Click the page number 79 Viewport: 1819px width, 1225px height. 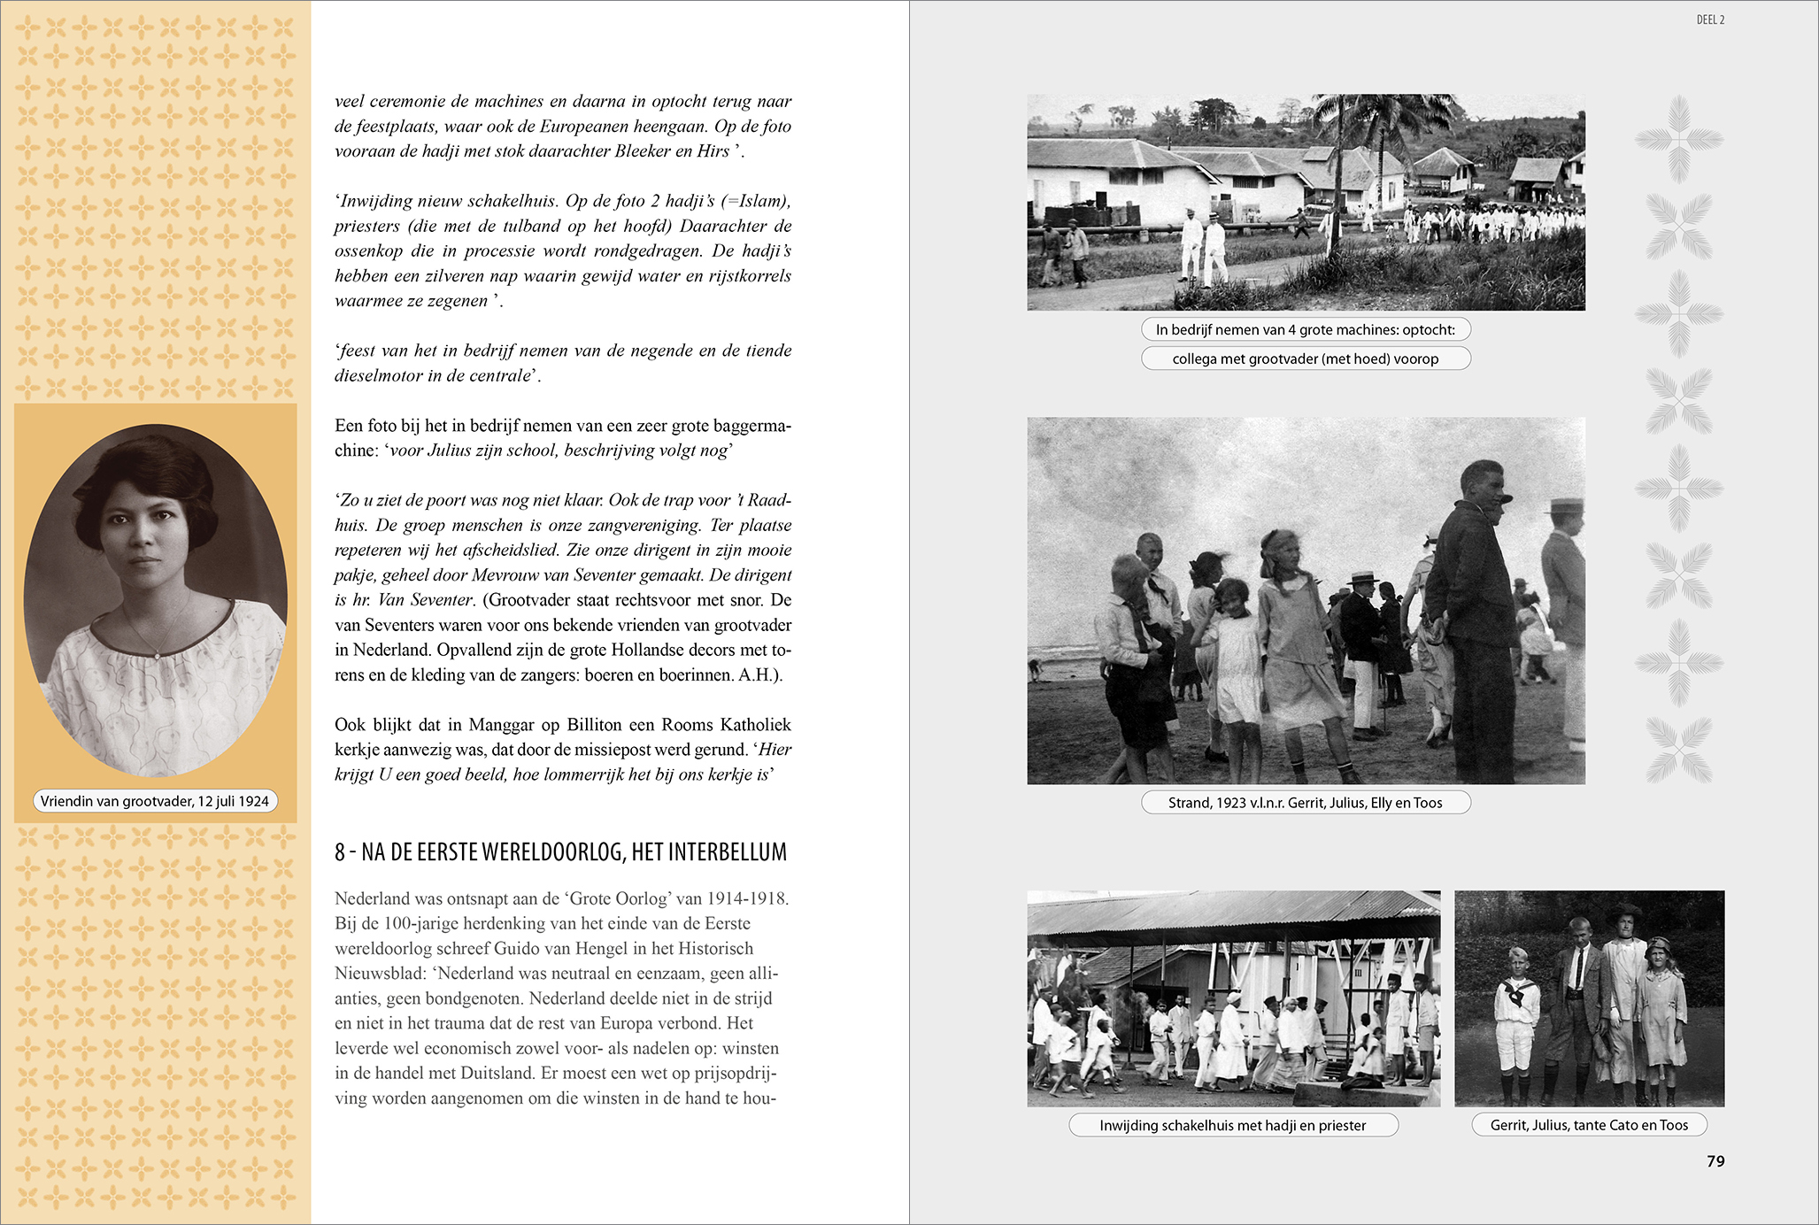[x=1715, y=1161]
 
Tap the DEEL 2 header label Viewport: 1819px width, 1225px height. [x=1709, y=19]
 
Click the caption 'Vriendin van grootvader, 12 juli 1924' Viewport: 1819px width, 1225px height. [x=155, y=801]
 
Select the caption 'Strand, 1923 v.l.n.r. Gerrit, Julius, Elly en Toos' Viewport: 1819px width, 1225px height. [x=1305, y=803]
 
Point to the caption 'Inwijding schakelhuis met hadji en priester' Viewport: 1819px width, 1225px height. [x=1232, y=1125]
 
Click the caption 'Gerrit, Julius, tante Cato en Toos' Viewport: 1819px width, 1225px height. [x=1588, y=1125]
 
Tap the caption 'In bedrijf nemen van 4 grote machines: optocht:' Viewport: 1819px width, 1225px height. [x=1305, y=329]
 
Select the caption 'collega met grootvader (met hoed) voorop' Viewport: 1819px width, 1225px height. [x=1305, y=358]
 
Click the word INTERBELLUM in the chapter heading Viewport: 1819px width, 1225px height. [x=727, y=852]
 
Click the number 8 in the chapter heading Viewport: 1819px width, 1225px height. [x=340, y=852]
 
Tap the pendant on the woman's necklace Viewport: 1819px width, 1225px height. [x=157, y=655]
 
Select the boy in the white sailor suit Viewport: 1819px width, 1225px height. [x=1515, y=1018]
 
